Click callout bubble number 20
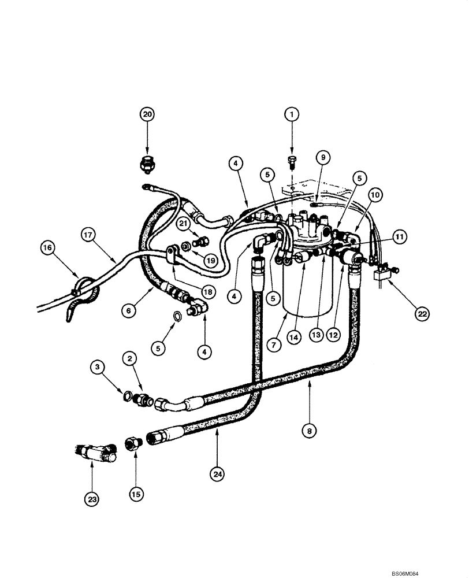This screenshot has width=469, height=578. pyautogui.click(x=147, y=114)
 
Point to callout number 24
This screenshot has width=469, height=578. pyautogui.click(x=217, y=474)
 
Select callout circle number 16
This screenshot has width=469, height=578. pyautogui.click(x=49, y=249)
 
